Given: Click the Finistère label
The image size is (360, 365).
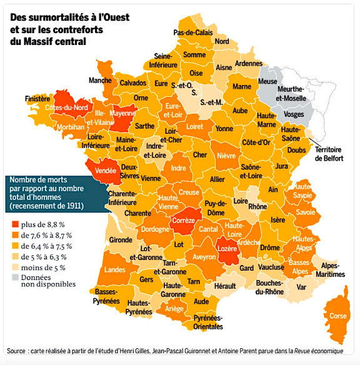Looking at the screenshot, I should [37, 99].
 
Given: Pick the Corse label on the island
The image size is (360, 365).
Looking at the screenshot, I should [337, 316].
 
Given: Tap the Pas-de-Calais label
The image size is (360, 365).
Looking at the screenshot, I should [194, 32].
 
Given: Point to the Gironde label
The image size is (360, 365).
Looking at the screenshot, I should [120, 239].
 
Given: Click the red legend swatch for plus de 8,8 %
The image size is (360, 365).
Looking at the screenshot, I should [14, 224].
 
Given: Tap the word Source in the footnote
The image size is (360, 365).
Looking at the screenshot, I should [19, 349].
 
